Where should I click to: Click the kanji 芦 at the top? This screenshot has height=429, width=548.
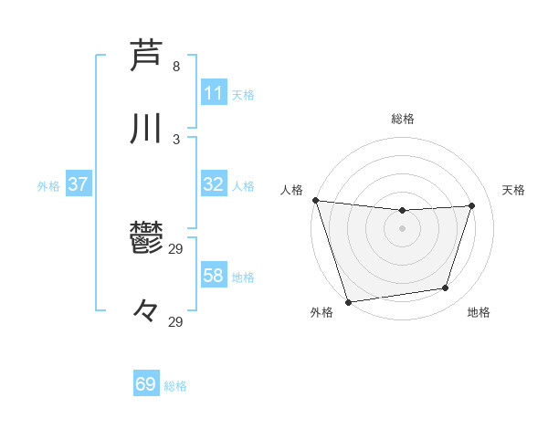(146, 55)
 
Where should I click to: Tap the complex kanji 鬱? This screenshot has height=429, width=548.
(146, 240)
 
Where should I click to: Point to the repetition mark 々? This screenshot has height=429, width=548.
(146, 313)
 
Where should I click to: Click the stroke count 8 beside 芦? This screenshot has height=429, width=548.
(176, 67)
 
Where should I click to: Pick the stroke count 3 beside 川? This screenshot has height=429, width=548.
(176, 140)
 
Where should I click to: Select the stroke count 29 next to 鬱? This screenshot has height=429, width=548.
(176, 249)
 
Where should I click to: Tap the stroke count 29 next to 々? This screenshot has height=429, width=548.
(176, 322)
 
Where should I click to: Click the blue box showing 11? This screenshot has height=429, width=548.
(213, 93)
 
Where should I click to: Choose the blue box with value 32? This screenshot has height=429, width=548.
(213, 184)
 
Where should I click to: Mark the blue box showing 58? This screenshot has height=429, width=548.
(213, 276)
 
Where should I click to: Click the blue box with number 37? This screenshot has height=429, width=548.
(78, 184)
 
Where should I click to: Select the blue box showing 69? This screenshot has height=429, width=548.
(146, 384)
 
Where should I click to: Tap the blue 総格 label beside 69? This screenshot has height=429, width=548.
(175, 386)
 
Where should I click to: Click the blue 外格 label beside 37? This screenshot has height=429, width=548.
(48, 186)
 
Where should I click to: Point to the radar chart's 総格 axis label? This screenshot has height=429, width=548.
(402, 119)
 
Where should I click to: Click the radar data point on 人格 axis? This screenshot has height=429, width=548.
(315, 200)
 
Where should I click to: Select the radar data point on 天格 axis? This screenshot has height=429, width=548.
(471, 205)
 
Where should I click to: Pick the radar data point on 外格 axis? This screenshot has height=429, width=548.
(348, 300)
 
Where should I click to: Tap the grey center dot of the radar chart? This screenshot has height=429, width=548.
(402, 228)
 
